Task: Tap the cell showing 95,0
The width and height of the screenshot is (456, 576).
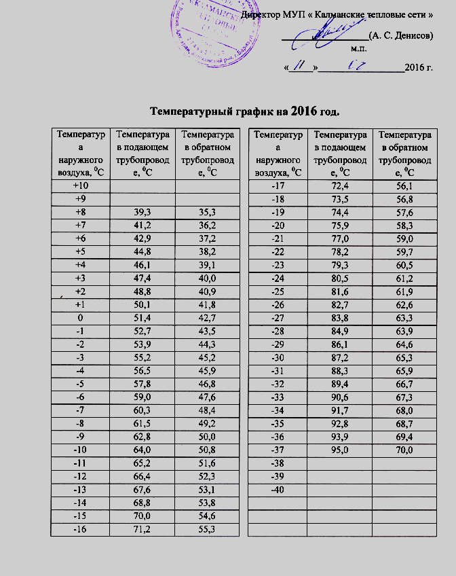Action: point(338,450)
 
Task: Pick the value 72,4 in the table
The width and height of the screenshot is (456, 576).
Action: point(338,185)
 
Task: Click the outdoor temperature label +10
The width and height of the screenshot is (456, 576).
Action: point(81,185)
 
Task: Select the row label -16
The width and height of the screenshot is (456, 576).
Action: point(81,529)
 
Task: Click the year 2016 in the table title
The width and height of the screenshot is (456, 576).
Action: point(305,110)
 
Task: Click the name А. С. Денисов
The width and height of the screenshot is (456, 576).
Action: point(400,35)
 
